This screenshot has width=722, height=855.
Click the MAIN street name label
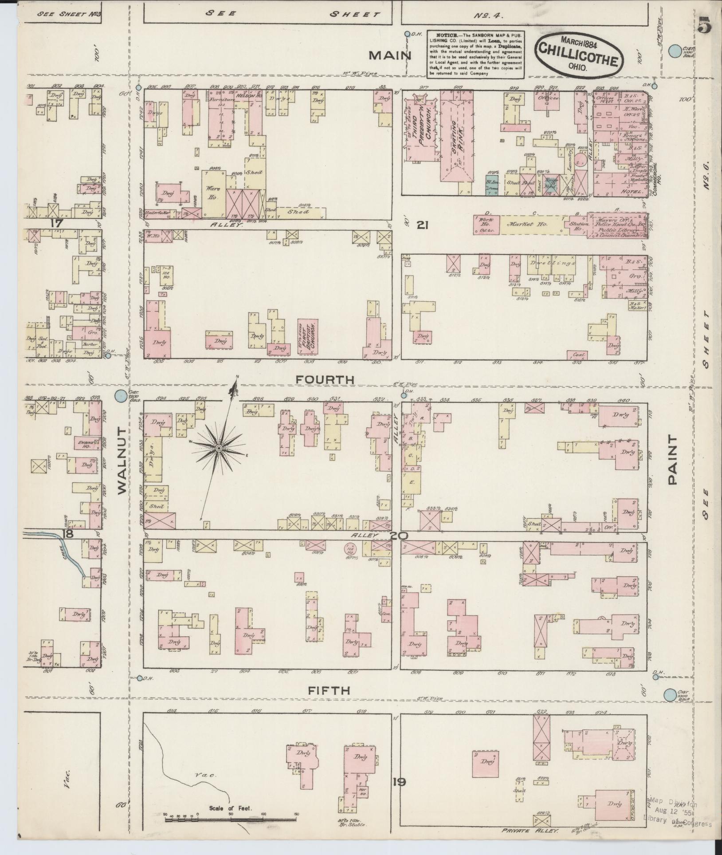[391, 55]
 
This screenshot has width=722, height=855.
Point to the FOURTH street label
[325, 380]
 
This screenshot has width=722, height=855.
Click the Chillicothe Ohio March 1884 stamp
[578, 56]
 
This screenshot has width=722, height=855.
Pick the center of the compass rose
[218, 449]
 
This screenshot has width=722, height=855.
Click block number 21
[422, 225]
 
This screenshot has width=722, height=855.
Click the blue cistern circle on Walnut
[120, 396]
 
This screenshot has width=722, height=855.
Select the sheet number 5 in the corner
[704, 25]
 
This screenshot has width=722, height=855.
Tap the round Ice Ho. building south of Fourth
[350, 551]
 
